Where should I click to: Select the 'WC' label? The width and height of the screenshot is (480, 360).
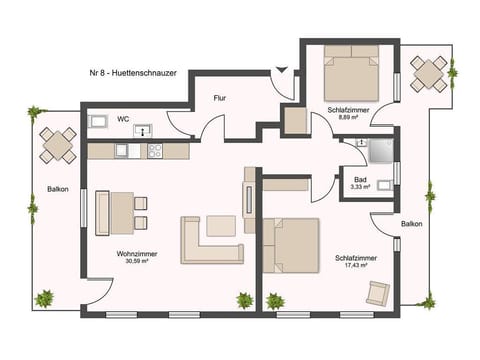(122, 119)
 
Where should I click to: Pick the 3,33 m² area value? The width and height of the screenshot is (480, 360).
(360, 187)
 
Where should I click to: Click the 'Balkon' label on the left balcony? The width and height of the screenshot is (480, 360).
(57, 190)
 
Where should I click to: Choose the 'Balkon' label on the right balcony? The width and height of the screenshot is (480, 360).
(411, 224)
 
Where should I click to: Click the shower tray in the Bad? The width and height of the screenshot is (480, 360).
(379, 151)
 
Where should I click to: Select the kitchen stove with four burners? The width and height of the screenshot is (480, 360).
(155, 152)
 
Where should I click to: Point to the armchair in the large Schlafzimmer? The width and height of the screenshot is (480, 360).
(378, 294)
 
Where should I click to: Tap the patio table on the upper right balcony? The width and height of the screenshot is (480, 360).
(429, 72)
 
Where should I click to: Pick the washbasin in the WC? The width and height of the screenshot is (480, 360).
(142, 129)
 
